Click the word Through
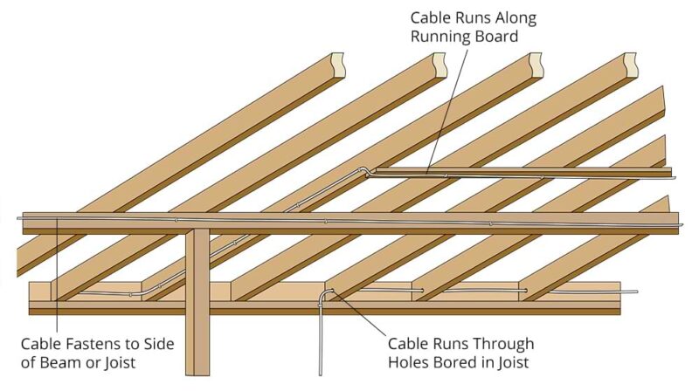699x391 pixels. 500,343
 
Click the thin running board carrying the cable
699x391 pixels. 524,171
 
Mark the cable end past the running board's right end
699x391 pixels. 672,179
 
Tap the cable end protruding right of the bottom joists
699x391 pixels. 631,292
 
